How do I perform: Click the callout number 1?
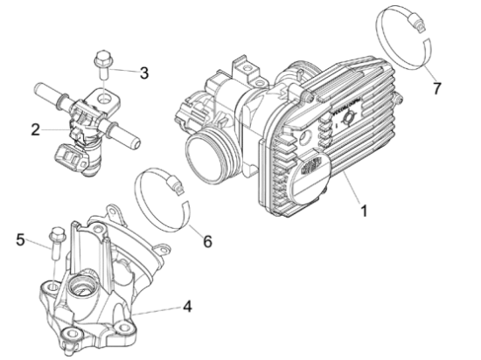click(364, 211)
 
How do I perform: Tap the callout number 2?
click(36, 129)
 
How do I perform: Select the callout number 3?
click(144, 73)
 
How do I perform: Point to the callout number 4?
click(187, 307)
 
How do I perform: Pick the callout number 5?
click(20, 239)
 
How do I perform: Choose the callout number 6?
click(207, 241)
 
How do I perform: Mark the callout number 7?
click(436, 88)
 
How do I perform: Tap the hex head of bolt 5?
click(58, 234)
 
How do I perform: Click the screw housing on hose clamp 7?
click(416, 23)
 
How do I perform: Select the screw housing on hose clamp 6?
click(175, 184)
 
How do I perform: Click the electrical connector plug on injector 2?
click(71, 158)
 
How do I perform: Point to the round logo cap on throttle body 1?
click(309, 175)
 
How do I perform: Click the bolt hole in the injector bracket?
click(105, 99)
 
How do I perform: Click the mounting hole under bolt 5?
click(53, 287)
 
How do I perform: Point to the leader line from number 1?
click(352, 188)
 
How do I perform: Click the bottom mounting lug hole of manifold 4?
click(71, 333)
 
